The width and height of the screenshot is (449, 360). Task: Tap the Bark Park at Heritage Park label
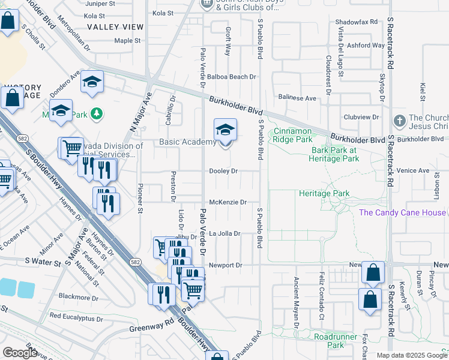coord(335,154)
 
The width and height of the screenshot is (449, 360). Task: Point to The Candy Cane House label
coord(402,212)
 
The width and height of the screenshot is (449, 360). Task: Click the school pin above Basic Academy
coord(225,129)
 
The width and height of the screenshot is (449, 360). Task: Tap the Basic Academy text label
coord(187,142)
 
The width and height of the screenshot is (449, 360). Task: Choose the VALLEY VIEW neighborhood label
coord(115,27)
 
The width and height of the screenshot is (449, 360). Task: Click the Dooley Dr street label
coord(223,171)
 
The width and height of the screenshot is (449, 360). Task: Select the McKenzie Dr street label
coord(228,202)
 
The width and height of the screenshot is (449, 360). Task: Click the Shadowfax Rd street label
coord(357,22)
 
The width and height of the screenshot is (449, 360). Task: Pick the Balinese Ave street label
coord(297,98)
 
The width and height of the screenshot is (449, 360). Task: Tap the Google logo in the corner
coord(20,353)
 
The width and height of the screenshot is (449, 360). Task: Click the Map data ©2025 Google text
coord(411,355)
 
